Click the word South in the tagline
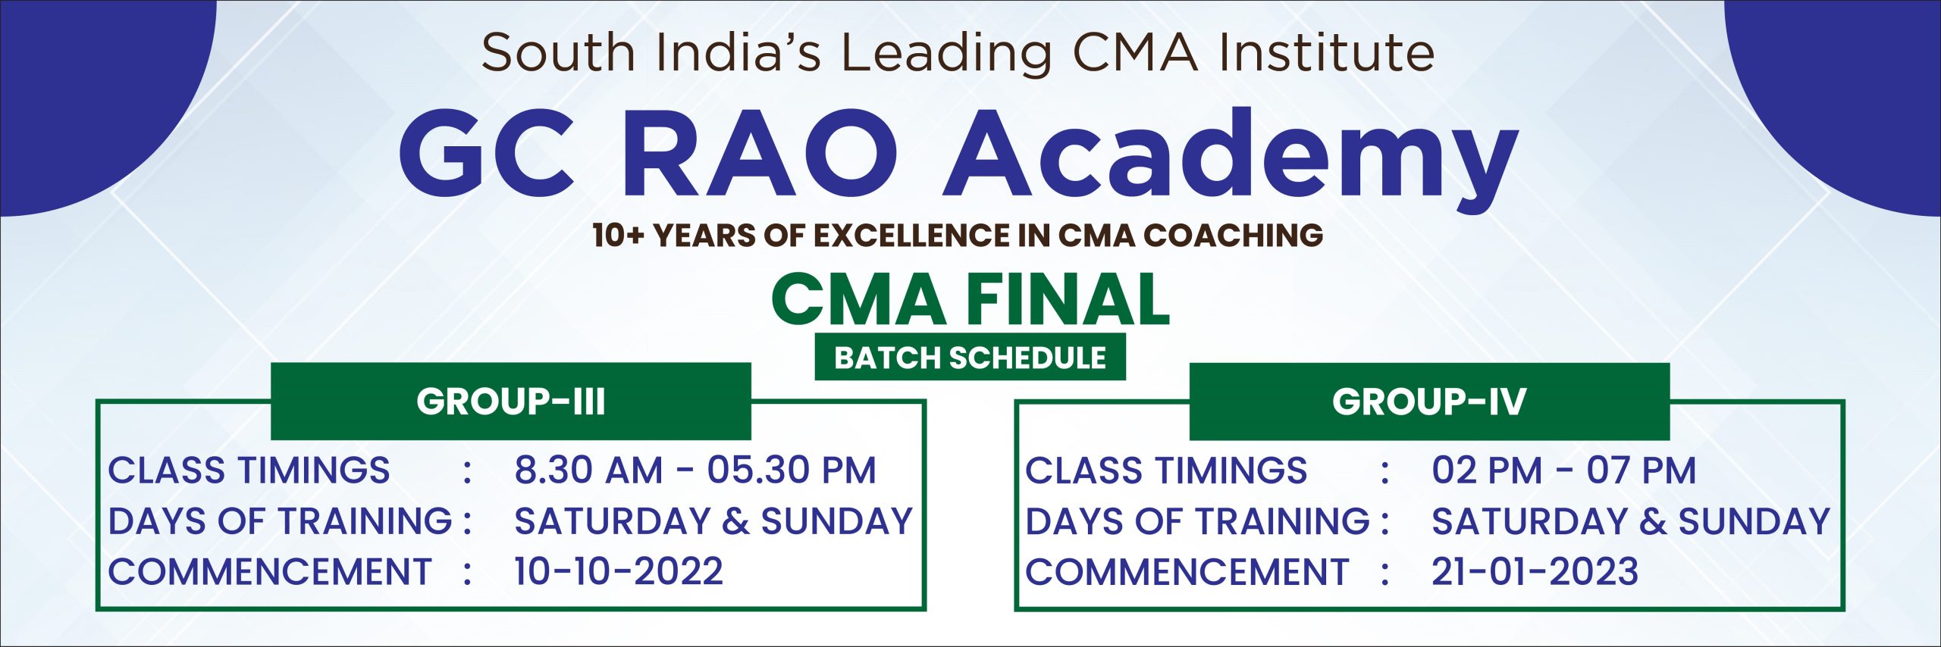(557, 52)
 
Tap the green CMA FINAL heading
(970, 299)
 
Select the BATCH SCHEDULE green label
(970, 357)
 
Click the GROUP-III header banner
(511, 402)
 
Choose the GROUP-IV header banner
(1429, 402)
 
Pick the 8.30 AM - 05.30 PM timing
(695, 470)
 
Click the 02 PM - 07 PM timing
(1563, 470)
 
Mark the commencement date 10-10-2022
(619, 571)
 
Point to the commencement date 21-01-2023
(1535, 571)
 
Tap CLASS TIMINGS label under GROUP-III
(249, 470)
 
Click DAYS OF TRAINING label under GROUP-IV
(1197, 521)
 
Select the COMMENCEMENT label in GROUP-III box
(270, 571)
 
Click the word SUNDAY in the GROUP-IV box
(1754, 521)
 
